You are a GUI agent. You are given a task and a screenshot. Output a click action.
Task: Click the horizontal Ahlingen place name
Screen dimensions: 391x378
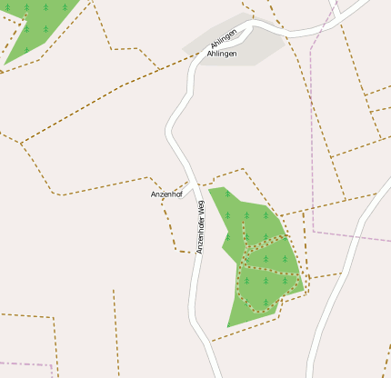pos(222,55)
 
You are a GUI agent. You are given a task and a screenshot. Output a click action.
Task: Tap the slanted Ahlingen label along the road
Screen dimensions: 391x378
pos(223,38)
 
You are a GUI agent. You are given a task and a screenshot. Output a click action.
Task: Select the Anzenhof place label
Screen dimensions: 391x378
pos(167,194)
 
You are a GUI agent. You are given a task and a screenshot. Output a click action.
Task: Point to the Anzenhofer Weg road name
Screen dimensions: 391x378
pos(201,227)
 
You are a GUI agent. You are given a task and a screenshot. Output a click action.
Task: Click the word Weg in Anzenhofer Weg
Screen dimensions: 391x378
pos(201,206)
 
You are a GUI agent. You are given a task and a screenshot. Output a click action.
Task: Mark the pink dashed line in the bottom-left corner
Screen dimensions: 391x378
pos(23,364)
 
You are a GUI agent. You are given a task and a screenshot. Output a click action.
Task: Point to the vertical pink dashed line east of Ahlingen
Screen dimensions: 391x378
pos(311,136)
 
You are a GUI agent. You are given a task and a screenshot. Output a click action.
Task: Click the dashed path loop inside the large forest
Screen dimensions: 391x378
pos(264,273)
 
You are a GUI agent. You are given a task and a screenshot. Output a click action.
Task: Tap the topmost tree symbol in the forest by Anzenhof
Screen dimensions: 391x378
pos(227,194)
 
